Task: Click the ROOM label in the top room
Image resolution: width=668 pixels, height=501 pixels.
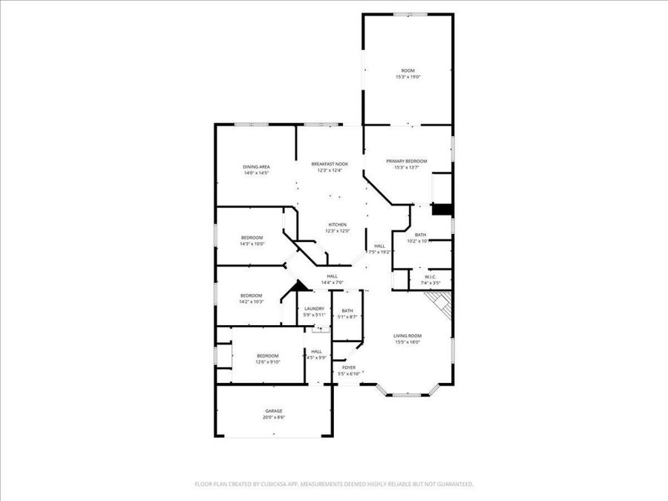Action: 408,71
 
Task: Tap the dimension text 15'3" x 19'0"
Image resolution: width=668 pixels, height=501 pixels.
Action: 408,76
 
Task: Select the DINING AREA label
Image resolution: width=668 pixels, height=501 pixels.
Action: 256,166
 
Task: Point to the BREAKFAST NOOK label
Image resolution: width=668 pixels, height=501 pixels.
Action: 330,164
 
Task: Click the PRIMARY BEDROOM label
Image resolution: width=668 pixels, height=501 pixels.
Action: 407,161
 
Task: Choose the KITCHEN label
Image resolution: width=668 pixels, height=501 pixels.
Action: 338,224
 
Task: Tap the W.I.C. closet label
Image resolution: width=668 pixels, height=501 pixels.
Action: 430,277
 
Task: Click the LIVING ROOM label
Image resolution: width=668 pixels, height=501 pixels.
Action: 407,335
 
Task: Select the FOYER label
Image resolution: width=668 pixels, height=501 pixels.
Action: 349,367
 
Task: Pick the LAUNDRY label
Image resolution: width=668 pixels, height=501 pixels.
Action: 314,309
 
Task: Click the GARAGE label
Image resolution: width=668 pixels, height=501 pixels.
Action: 274,410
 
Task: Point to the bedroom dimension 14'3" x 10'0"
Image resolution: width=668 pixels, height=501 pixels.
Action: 252,243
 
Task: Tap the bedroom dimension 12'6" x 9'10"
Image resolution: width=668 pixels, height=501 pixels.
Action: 268,362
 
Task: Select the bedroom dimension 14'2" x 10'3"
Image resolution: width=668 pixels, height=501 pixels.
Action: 252,301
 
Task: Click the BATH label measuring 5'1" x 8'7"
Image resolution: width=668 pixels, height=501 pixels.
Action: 347,311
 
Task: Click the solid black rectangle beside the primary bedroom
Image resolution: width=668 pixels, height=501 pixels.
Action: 442,209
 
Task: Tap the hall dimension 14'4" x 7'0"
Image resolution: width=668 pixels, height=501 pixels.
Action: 332,282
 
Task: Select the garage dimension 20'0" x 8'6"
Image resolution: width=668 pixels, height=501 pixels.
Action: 274,417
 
